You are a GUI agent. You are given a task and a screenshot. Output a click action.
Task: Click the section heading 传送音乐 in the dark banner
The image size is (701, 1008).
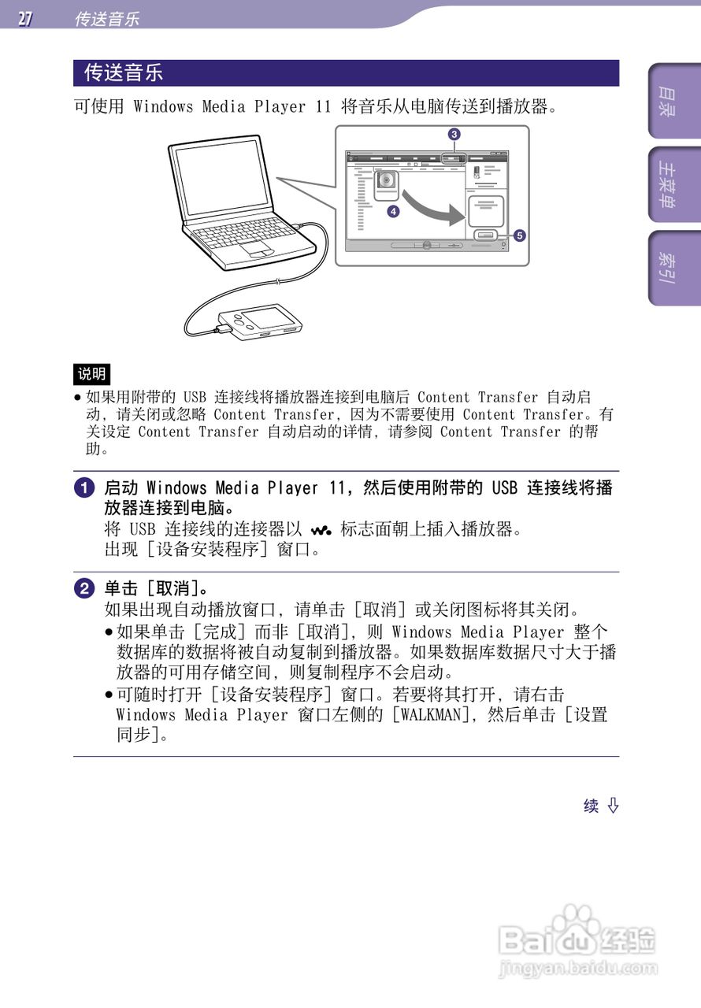coord(124,73)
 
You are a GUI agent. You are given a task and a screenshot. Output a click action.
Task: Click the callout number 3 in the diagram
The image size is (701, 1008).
coord(454,134)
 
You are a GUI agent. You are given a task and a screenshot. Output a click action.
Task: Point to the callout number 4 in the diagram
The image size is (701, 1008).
coord(392,211)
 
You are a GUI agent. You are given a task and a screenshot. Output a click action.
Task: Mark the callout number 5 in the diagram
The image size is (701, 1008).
coord(518,235)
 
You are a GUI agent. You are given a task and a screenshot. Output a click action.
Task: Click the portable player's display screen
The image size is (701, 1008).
coord(269,318)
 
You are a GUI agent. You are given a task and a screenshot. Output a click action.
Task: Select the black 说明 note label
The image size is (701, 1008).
coord(91,373)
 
